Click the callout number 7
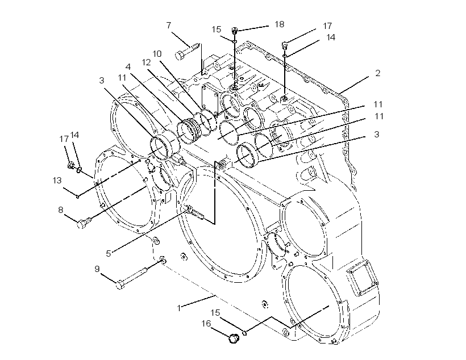point(169,26)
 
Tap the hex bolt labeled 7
point(187,51)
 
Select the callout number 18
point(280,24)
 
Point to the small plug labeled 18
point(235,30)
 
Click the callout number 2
point(377,73)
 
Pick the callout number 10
point(157,54)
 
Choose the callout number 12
point(146,62)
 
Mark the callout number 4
point(128,67)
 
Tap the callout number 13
point(57,181)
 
